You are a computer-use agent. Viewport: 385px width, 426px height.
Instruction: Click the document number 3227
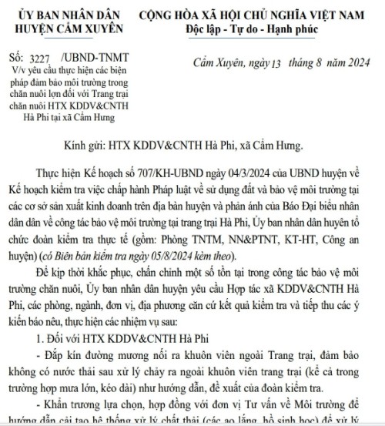pos(38,58)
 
